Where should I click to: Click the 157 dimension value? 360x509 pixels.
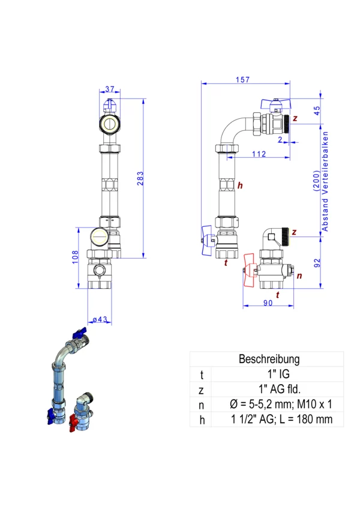(243, 79)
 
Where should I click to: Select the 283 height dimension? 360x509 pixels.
(140, 178)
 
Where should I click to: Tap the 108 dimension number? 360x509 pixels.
(76, 257)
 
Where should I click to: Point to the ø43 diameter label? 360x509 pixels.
(100, 319)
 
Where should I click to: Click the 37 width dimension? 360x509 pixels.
(110, 89)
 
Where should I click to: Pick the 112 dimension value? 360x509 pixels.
(259, 154)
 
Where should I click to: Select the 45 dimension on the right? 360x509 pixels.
(317, 110)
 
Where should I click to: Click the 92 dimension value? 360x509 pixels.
(317, 263)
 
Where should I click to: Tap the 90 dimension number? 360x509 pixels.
(268, 303)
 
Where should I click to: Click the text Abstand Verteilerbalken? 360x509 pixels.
(325, 181)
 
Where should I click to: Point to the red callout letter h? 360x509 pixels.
(240, 185)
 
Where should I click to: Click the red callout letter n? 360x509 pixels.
(299, 276)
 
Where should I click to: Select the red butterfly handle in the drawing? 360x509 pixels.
(250, 270)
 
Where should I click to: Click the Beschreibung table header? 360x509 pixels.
(269, 359)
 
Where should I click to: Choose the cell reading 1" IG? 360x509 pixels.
(278, 374)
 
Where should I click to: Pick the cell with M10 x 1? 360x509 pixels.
(281, 404)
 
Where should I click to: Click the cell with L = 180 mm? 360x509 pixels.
(282, 419)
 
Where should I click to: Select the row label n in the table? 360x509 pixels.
(201, 405)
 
